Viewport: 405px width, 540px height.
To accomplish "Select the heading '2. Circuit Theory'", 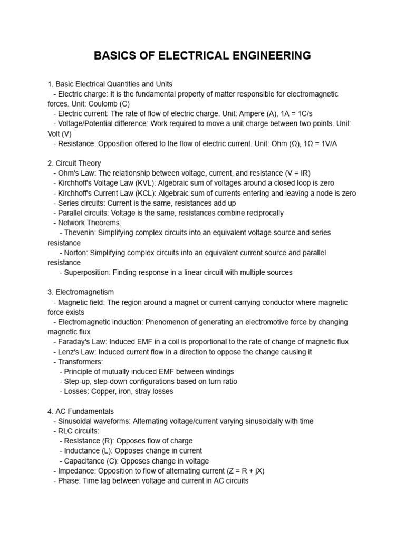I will [74, 163].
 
